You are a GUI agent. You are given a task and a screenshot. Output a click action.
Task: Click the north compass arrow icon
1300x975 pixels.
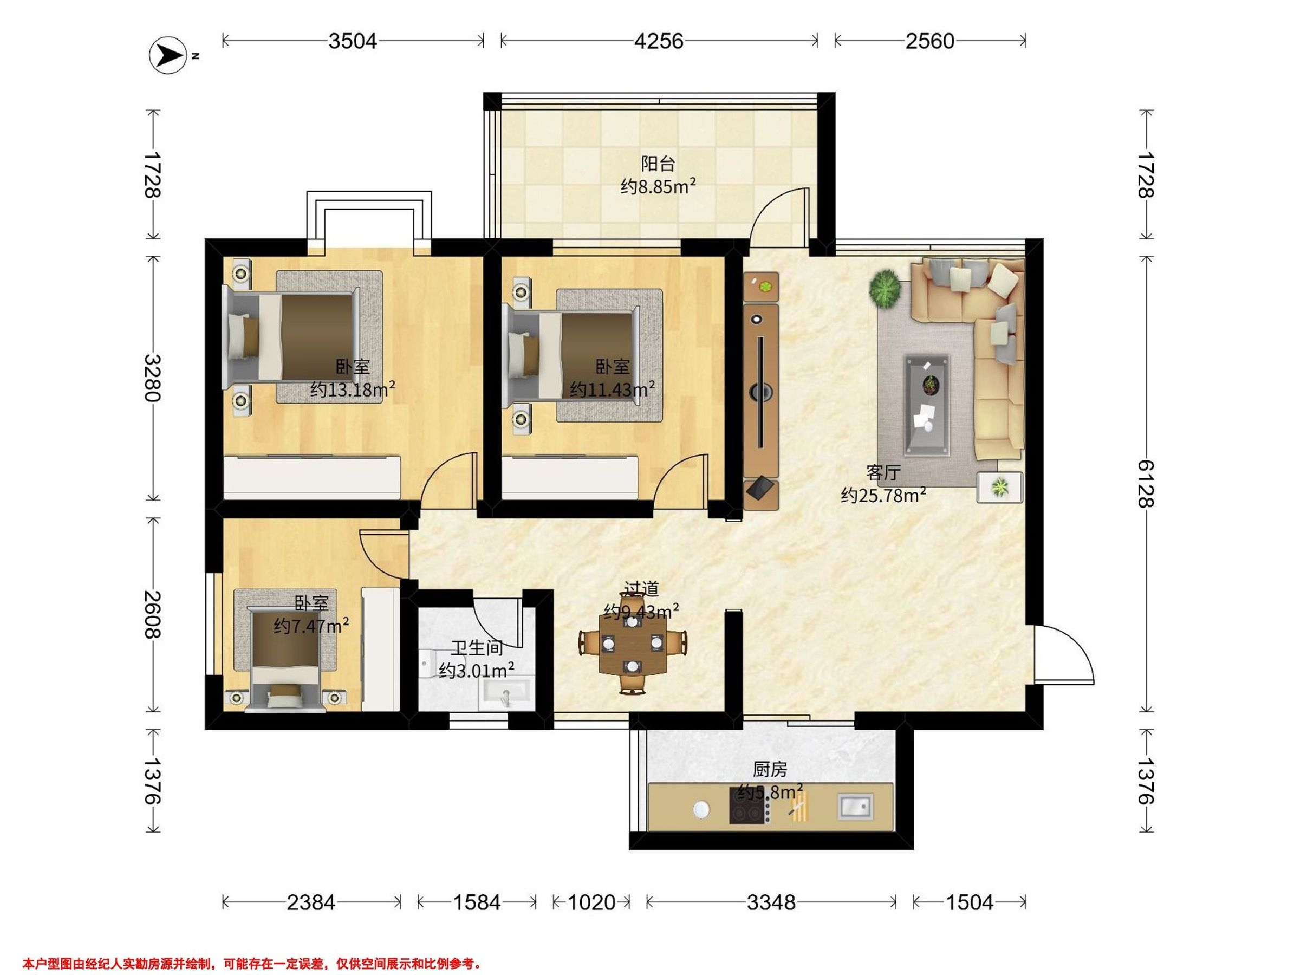(x=168, y=56)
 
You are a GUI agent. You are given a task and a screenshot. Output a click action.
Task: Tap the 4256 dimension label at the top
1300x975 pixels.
(x=659, y=41)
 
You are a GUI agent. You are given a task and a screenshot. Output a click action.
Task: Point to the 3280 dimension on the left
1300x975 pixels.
(x=153, y=378)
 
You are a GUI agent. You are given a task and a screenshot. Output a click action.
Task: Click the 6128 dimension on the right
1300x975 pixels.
(x=1146, y=483)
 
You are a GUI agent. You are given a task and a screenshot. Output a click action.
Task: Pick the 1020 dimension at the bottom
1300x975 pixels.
(x=591, y=901)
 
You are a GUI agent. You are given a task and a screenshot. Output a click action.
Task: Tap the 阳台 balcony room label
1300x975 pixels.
(x=658, y=164)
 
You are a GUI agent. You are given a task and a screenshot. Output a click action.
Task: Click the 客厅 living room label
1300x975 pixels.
(x=883, y=472)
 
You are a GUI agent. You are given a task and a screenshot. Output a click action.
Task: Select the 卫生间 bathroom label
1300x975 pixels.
(x=477, y=648)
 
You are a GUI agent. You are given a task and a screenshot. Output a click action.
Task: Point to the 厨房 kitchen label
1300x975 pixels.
(x=770, y=769)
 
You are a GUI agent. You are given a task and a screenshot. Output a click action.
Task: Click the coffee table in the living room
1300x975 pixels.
(x=927, y=405)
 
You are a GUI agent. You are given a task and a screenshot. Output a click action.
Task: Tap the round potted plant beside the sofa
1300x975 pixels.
(x=885, y=288)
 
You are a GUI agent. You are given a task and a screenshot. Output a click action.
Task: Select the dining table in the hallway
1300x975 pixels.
(x=632, y=645)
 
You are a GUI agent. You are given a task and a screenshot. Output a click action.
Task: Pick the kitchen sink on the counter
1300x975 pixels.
(x=856, y=806)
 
